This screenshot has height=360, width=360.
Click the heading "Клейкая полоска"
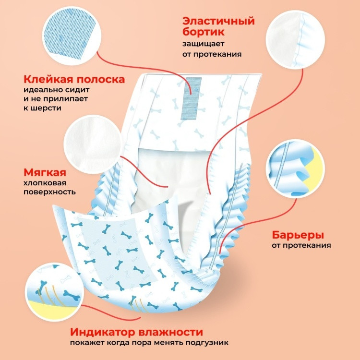click(74, 79)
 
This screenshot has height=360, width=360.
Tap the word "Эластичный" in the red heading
click(218, 21)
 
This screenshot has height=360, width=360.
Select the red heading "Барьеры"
click(298, 235)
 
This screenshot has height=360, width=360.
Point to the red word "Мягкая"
click(45, 172)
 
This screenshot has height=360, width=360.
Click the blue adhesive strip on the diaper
click(191, 98)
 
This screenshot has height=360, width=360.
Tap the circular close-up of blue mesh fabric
click(72, 36)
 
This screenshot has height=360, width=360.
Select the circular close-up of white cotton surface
click(93, 144)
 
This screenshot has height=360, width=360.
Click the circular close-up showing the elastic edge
click(295, 39)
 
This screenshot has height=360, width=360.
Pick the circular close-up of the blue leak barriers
click(295, 168)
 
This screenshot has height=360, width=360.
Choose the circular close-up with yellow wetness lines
click(54, 292)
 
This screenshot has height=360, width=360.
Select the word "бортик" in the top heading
click(204, 32)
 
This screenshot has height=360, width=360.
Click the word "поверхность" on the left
click(49, 192)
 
